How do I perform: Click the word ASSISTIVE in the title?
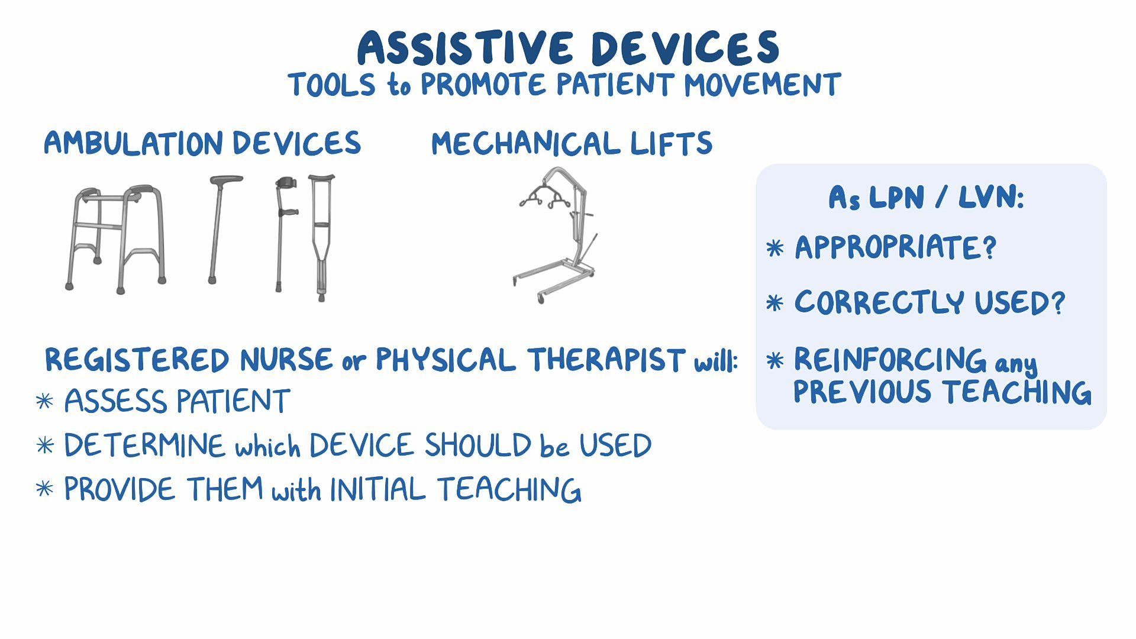click(465, 48)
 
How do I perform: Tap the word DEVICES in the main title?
click(685, 48)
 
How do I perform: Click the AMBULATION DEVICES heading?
click(202, 144)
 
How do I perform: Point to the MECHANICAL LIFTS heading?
click(572, 144)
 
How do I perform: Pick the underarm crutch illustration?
click(321, 237)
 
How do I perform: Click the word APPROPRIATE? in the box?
click(895, 247)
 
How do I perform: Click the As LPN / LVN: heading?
click(926, 197)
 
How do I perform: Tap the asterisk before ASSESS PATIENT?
click(44, 402)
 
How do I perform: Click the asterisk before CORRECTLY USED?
click(774, 304)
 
